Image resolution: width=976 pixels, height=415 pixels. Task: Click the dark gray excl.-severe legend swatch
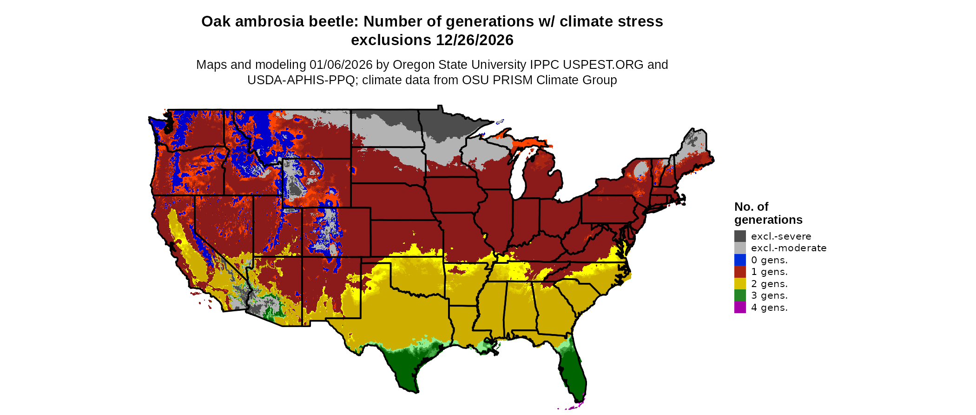(740, 236)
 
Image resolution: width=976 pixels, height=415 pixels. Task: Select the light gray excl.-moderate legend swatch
(740, 248)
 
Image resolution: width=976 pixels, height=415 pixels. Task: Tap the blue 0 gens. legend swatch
(740, 260)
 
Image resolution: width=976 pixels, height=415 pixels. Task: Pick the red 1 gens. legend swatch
(740, 272)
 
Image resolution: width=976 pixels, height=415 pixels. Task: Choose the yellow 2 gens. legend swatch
(740, 283)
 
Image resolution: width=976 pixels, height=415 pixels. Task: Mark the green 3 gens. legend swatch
(740, 295)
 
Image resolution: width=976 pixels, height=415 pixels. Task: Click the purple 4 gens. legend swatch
(740, 307)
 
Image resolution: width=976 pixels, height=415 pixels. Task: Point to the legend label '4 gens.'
(769, 308)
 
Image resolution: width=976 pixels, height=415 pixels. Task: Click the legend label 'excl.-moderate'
(789, 248)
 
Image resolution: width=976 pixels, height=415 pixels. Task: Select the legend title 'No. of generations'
(768, 213)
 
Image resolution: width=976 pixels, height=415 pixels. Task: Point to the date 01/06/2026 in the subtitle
(341, 65)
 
